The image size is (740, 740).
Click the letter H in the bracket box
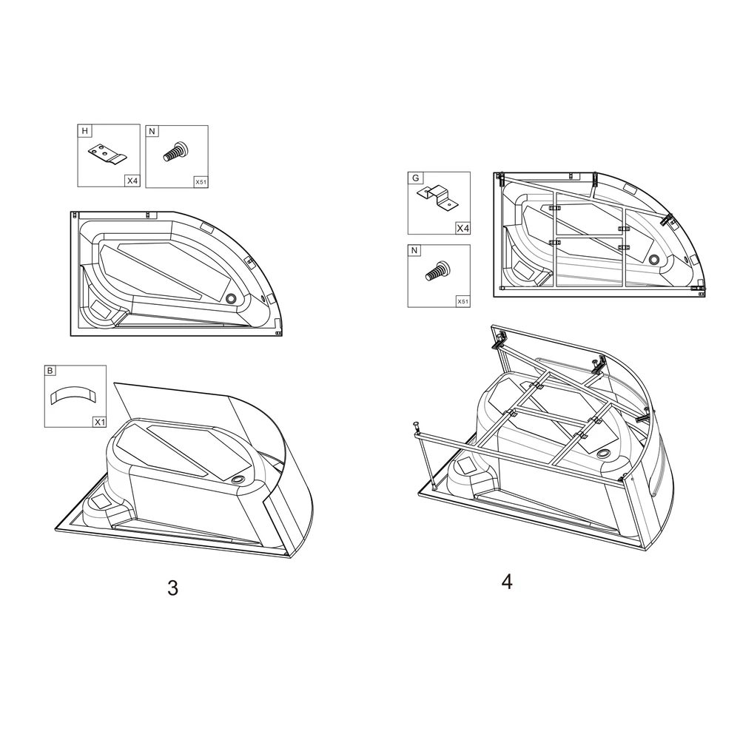pyautogui.click(x=85, y=132)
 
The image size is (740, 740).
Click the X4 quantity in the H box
pyautogui.click(x=132, y=181)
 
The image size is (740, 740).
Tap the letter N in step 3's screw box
pyautogui.click(x=152, y=132)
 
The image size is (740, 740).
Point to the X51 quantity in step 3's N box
pyautogui.click(x=201, y=181)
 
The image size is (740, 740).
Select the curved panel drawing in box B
pyautogui.click(x=74, y=394)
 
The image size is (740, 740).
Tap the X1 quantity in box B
pyautogui.click(x=98, y=421)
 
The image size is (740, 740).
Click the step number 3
pyautogui.click(x=172, y=588)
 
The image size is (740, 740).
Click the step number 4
pyautogui.click(x=507, y=582)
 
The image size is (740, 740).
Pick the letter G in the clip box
pyautogui.click(x=415, y=178)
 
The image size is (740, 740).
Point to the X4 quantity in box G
pyautogui.click(x=462, y=228)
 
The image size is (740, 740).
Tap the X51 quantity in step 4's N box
pyautogui.click(x=462, y=301)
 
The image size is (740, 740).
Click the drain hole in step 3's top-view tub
pyautogui.click(x=232, y=298)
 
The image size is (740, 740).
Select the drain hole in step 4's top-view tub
pyautogui.click(x=654, y=260)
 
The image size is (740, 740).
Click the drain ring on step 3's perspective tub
pyautogui.click(x=238, y=480)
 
